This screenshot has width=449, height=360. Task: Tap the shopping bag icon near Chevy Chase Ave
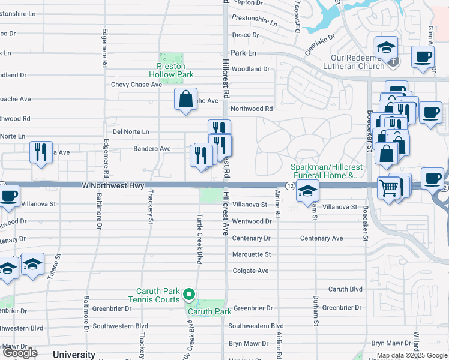pos(185,99)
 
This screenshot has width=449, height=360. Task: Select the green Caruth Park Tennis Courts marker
pos(189,293)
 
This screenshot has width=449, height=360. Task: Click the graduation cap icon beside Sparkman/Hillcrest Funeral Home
pos(307,191)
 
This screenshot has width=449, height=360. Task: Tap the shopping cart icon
pos(388,188)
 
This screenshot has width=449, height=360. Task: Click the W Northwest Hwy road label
pos(113,186)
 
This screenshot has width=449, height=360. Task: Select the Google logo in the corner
pos(20,353)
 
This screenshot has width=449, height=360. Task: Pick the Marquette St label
pos(251,254)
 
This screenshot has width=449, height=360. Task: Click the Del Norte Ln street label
pos(131,131)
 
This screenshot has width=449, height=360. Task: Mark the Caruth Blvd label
pos(345,289)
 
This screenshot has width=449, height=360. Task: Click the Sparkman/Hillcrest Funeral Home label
pos(325,171)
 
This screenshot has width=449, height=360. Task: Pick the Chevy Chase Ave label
pos(136,85)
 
